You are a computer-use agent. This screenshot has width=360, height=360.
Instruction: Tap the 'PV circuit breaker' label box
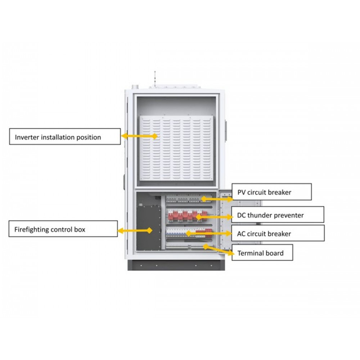(271, 192)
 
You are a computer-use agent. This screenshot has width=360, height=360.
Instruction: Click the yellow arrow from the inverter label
(139, 136)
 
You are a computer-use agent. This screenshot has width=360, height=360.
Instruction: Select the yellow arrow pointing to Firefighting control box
(135, 230)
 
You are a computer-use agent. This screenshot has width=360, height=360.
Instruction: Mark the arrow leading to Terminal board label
(219, 250)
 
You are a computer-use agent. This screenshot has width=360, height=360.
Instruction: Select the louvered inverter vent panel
(176, 148)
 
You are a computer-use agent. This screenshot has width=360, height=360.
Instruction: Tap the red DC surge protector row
(187, 215)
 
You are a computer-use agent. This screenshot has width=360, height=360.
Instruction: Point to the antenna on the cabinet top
(155, 79)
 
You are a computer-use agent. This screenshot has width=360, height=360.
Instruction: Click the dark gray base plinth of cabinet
(176, 265)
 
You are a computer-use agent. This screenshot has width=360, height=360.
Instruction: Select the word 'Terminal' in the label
(250, 253)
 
